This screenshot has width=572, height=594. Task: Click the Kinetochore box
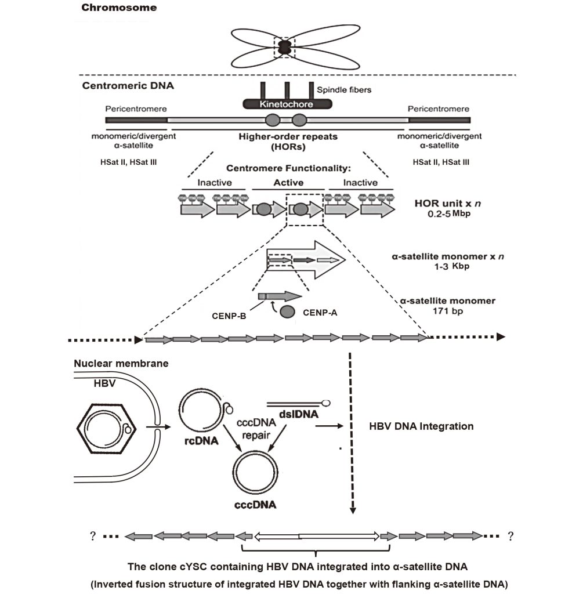(287, 104)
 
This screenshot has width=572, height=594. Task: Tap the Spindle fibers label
(344, 90)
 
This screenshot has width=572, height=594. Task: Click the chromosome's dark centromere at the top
(284, 48)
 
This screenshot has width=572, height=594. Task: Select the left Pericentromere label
(136, 108)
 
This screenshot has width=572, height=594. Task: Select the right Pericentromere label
(438, 108)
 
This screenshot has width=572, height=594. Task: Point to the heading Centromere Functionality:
(288, 168)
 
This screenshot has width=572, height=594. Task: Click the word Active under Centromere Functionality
(289, 183)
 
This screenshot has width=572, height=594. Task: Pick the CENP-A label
(320, 313)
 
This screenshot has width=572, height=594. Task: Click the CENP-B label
(229, 316)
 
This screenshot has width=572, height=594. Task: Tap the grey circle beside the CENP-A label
(288, 312)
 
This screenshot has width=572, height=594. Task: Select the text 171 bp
(448, 311)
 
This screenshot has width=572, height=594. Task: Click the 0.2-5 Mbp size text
(449, 213)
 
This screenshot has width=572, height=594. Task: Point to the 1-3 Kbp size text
(452, 266)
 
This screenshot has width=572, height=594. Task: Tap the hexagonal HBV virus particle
(106, 429)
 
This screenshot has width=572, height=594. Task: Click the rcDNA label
(201, 441)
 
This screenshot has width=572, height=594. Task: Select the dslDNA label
(299, 414)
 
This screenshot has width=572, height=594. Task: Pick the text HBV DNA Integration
(421, 426)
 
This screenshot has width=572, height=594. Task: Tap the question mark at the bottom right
(511, 536)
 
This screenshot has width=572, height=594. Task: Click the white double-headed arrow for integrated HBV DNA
(317, 536)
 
